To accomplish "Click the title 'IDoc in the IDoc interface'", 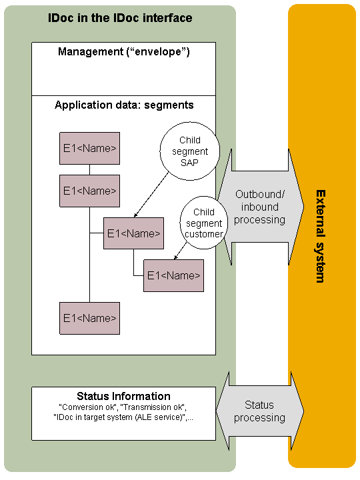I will pos(120,18).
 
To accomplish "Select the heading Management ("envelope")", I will pos(124,52).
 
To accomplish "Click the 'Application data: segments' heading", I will pos(124,105).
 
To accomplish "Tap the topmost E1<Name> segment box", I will pos(90,149).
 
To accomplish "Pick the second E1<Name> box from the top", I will pos(90,191).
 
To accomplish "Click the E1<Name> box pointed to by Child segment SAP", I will pos(133,233).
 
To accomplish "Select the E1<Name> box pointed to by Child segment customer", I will pos(173,275).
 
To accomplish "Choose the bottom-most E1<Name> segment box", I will pos(90,318).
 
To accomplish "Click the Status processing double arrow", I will pos(260,411).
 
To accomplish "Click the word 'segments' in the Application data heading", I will pos(169,105).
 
